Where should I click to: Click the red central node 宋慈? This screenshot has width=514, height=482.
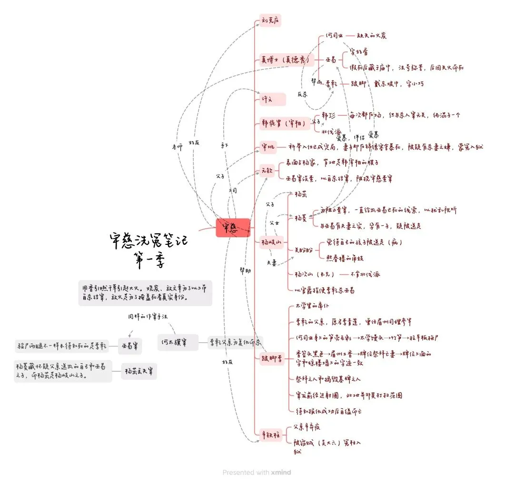tap(233, 228)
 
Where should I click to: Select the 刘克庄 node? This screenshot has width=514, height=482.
tap(271, 21)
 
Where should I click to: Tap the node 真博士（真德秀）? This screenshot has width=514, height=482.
tap(285, 60)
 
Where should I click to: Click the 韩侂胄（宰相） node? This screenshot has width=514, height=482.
tap(285, 123)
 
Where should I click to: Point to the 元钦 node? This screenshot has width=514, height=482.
tap(267, 170)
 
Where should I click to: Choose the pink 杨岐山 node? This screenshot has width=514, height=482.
tap(272, 242)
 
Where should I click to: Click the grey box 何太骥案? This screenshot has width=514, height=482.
tap(178, 342)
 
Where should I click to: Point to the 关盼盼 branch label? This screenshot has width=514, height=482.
tap(305, 249)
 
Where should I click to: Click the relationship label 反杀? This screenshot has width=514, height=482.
tap(303, 94)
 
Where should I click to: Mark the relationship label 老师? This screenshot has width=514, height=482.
tap(177, 147)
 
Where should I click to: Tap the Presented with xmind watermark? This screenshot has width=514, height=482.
tap(257, 472)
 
